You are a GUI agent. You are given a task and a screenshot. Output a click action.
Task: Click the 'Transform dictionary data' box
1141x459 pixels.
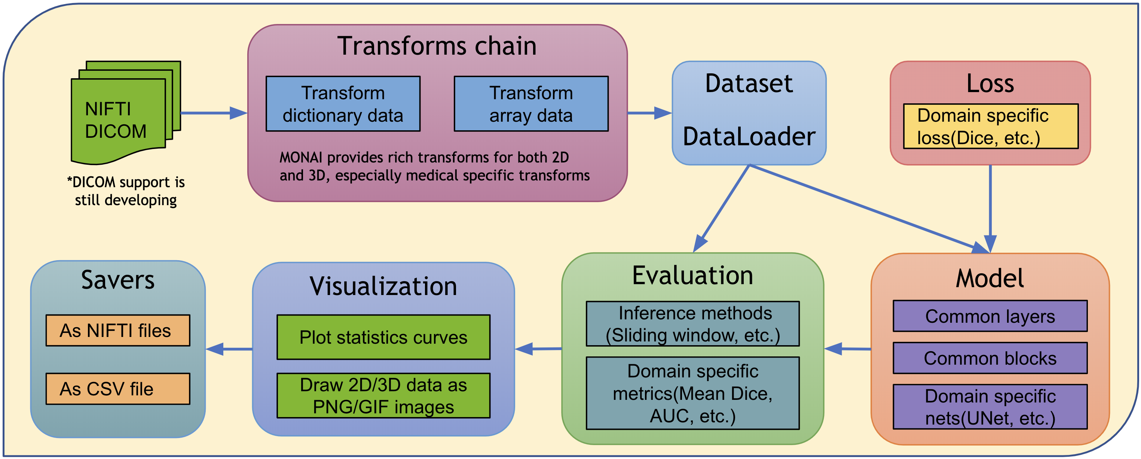(x=343, y=104)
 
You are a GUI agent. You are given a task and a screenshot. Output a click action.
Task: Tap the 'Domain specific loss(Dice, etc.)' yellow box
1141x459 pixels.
(x=990, y=127)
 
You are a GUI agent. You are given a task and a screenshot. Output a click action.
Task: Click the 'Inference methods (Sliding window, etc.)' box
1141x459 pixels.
(x=692, y=324)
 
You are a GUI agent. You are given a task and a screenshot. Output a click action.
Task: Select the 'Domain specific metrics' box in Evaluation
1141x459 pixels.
(x=692, y=393)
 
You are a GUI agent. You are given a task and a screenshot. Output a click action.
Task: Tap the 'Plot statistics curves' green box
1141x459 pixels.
(x=383, y=337)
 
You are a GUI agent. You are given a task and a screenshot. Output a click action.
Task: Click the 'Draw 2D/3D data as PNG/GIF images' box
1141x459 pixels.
(x=383, y=396)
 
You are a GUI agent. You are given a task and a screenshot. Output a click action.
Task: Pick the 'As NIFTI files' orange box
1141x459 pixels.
(x=118, y=330)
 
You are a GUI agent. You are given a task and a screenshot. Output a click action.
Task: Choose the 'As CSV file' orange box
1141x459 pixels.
(x=118, y=389)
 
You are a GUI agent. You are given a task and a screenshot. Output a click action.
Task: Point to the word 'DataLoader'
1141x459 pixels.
(x=749, y=136)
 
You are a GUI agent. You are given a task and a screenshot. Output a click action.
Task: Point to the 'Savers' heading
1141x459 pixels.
(x=118, y=280)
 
